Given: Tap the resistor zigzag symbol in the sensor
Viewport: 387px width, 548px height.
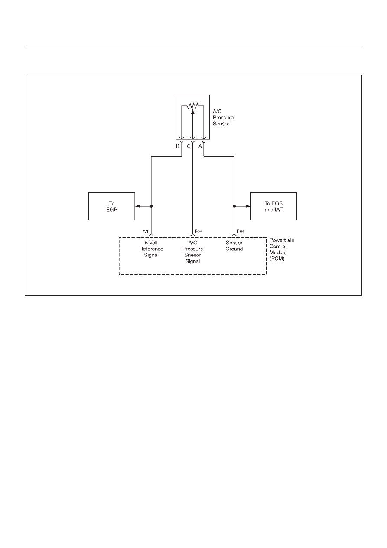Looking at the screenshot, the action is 192,106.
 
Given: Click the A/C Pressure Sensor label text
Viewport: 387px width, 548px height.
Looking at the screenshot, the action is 223,118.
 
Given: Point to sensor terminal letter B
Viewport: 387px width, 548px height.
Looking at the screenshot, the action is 178,146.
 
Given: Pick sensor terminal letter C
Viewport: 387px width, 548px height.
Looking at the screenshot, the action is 189,146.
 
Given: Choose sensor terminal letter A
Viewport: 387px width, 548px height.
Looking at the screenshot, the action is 200,146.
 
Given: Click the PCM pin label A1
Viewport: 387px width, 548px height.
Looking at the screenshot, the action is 145,231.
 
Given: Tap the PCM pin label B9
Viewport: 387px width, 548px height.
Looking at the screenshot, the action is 198,231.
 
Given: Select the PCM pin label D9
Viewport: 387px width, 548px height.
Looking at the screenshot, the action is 240,231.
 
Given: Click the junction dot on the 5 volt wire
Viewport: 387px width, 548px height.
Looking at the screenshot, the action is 151,206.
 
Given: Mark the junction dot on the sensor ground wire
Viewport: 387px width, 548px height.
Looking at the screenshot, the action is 234,206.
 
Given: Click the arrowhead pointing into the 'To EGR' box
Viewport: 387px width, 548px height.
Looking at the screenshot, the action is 137,206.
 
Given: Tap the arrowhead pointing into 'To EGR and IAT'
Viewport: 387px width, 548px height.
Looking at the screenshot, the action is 248,206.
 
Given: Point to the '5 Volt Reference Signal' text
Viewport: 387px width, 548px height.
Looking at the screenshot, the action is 151,249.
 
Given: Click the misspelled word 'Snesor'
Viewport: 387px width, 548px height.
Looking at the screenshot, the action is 192,255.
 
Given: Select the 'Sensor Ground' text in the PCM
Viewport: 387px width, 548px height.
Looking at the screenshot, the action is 234,246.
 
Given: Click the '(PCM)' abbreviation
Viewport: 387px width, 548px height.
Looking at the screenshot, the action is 277,259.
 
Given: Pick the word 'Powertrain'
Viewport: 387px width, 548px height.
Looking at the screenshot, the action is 282,240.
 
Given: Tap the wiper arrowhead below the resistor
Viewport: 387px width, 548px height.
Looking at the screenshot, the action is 192,112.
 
